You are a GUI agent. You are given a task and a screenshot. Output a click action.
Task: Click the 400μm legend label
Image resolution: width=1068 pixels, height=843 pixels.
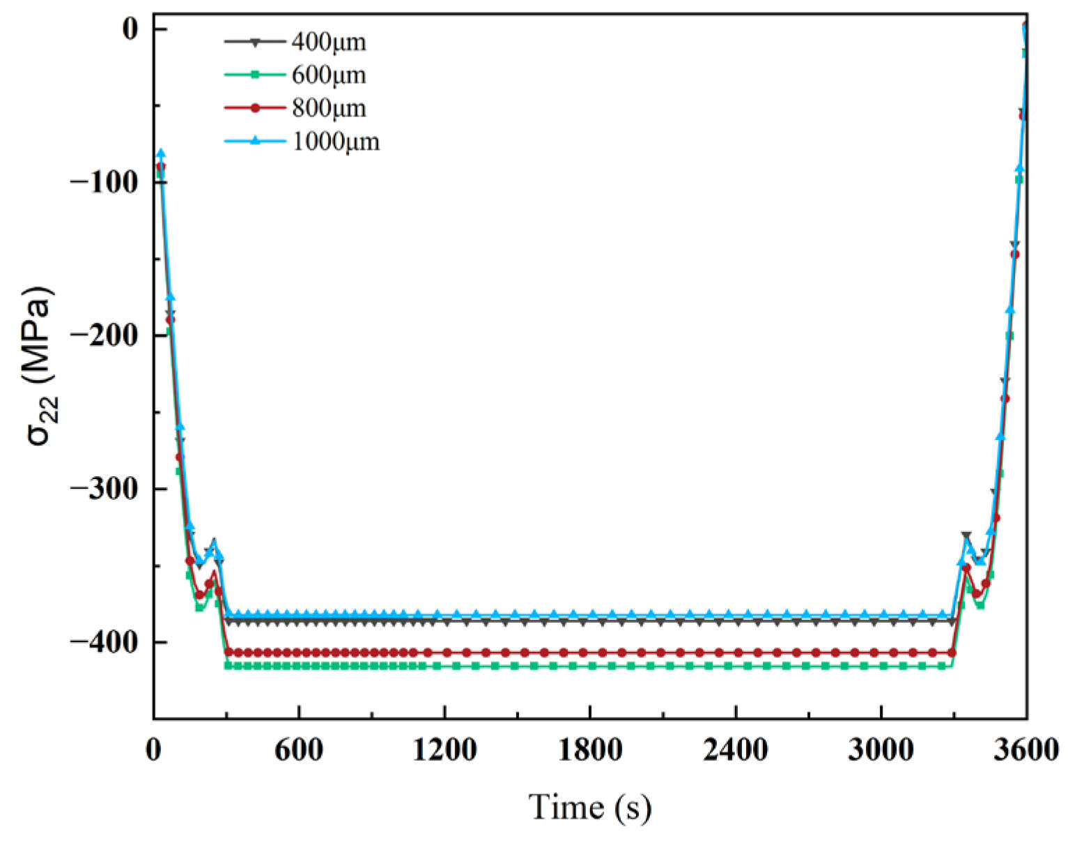point(328,42)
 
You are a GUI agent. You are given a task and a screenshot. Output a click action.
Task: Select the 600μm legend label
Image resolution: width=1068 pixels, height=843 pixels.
point(328,75)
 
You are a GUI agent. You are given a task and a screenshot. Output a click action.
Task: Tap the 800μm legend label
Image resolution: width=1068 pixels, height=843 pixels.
point(328,108)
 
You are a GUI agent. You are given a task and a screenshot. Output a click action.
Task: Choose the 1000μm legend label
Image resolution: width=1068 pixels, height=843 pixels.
point(335,142)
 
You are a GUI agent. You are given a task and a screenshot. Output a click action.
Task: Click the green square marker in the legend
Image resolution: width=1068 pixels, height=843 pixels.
point(255,75)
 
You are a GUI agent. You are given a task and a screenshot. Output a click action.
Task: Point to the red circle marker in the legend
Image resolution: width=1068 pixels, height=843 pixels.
point(255,108)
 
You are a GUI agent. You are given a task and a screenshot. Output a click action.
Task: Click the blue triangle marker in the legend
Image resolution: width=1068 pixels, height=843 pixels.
point(255,141)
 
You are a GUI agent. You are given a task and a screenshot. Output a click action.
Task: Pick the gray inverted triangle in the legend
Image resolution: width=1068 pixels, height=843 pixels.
point(255,43)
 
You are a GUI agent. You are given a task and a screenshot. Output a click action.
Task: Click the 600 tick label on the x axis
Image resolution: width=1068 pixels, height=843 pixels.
point(299,751)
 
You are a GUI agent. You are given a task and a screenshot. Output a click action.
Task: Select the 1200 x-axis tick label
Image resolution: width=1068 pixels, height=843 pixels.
point(444,751)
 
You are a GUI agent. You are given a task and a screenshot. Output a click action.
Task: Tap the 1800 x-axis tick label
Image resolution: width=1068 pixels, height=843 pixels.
point(590,751)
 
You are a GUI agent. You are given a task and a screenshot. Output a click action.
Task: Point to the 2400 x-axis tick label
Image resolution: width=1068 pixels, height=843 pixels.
point(736,751)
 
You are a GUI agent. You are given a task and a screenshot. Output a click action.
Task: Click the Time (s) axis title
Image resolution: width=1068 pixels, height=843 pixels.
point(590,807)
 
